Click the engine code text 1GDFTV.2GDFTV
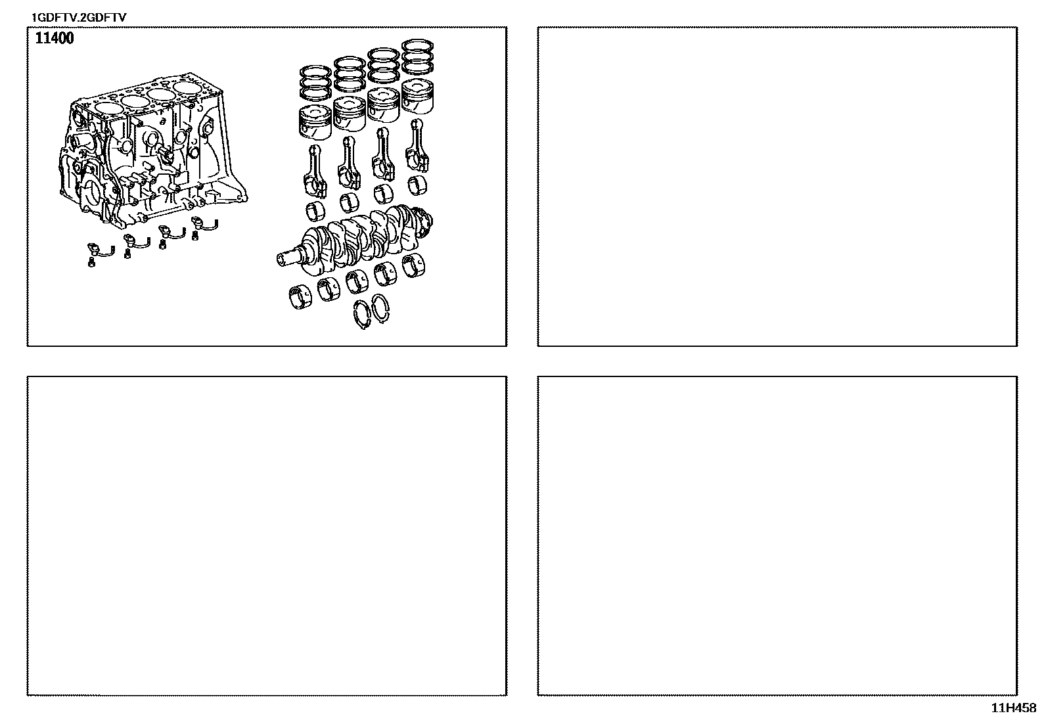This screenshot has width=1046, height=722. coord(78,18)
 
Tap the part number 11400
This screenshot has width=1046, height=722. coord(54,38)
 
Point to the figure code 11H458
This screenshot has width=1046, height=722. coord(1014,708)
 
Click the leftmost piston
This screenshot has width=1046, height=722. coord(315,122)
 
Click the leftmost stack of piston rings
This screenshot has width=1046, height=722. coord(315,83)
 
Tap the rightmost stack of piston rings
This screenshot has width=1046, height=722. coord(417,56)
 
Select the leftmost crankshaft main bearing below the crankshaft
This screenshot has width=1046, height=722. coord(301,298)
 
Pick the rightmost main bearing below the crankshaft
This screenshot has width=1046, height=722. coord(413,266)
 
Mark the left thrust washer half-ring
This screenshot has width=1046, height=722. coord(363,315)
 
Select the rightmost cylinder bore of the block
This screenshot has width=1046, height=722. coord(188,88)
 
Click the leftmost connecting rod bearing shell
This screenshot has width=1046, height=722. coord(315,212)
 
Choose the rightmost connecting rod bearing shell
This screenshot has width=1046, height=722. coord(417,185)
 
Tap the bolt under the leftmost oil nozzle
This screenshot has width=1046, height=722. coord(91,263)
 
